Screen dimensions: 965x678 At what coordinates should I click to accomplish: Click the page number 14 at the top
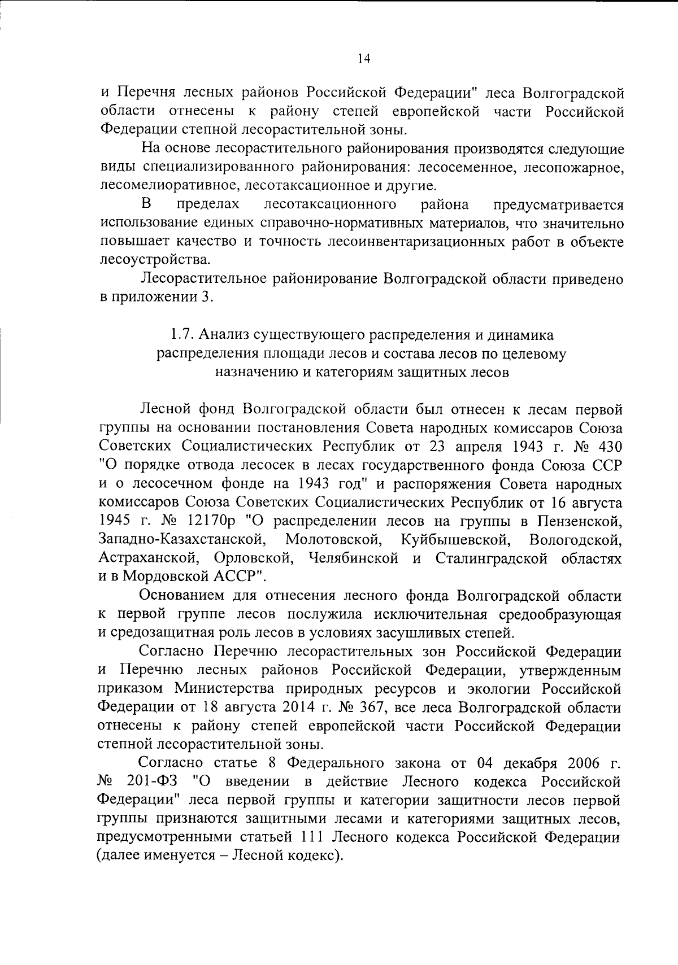[x=364, y=59]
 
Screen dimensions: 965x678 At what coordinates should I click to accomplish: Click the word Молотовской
[x=333, y=540]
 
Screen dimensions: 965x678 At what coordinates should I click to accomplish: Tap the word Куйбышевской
[x=456, y=540]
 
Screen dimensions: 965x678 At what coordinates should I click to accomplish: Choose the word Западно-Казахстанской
[x=182, y=540]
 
